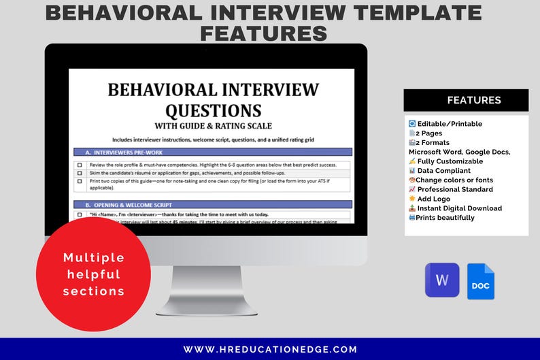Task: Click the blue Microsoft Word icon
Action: pos(442,280)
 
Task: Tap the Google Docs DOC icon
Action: pos(481,282)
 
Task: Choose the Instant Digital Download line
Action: pos(455,208)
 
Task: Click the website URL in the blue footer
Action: pos(270,349)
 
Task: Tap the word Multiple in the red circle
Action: pos(94,258)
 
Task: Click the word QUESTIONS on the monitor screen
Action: pos(214,110)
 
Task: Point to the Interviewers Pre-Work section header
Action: pos(212,152)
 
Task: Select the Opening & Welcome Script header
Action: pos(212,204)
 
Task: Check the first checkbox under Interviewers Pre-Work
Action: pos(80,165)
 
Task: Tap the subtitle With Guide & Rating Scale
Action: pos(213,125)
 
